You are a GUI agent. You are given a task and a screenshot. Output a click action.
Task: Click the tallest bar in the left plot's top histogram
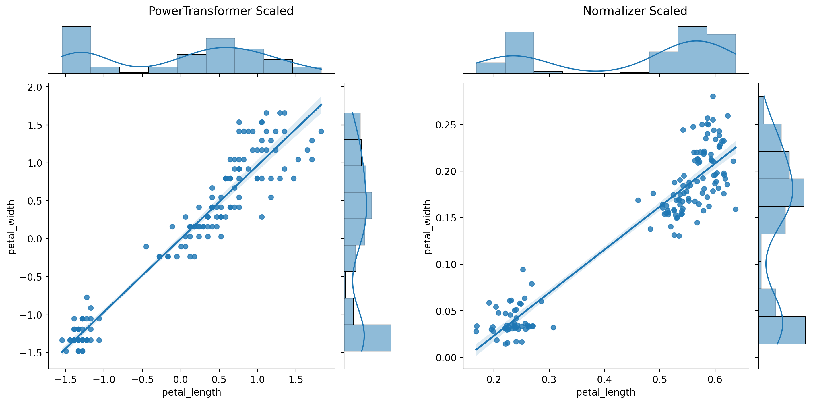coord(76,50)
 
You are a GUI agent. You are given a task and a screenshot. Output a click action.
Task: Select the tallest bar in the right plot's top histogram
coord(692,50)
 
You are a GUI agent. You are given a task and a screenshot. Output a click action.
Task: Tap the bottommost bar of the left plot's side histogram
coord(367,338)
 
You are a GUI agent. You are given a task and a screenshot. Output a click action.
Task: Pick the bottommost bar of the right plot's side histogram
coord(782,330)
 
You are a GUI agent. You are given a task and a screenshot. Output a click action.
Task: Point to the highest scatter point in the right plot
coord(713,96)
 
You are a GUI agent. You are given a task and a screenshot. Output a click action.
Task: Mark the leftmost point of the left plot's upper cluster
coord(146,246)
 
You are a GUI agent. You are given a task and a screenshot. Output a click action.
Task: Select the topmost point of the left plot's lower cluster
coord(87,298)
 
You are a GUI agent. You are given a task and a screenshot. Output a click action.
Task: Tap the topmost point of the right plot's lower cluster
coord(523,269)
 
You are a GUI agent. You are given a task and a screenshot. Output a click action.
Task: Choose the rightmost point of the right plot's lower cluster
coord(553,328)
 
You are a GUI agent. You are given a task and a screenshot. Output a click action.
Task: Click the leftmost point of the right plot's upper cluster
coord(638,200)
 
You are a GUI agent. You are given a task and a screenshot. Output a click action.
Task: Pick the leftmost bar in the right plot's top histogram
coord(490,68)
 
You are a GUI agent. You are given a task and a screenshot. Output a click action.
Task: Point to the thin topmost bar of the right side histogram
coord(761,110)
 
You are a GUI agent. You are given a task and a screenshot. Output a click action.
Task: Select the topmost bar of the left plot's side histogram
coord(352,126)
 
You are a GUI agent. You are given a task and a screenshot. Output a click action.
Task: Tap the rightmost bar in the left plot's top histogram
coord(307,70)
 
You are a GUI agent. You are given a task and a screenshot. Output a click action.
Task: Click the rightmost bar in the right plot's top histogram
coord(721,54)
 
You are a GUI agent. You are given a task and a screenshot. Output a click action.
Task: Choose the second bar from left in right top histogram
coord(519,53)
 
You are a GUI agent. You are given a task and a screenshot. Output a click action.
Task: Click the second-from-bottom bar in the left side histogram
coord(349,311)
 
